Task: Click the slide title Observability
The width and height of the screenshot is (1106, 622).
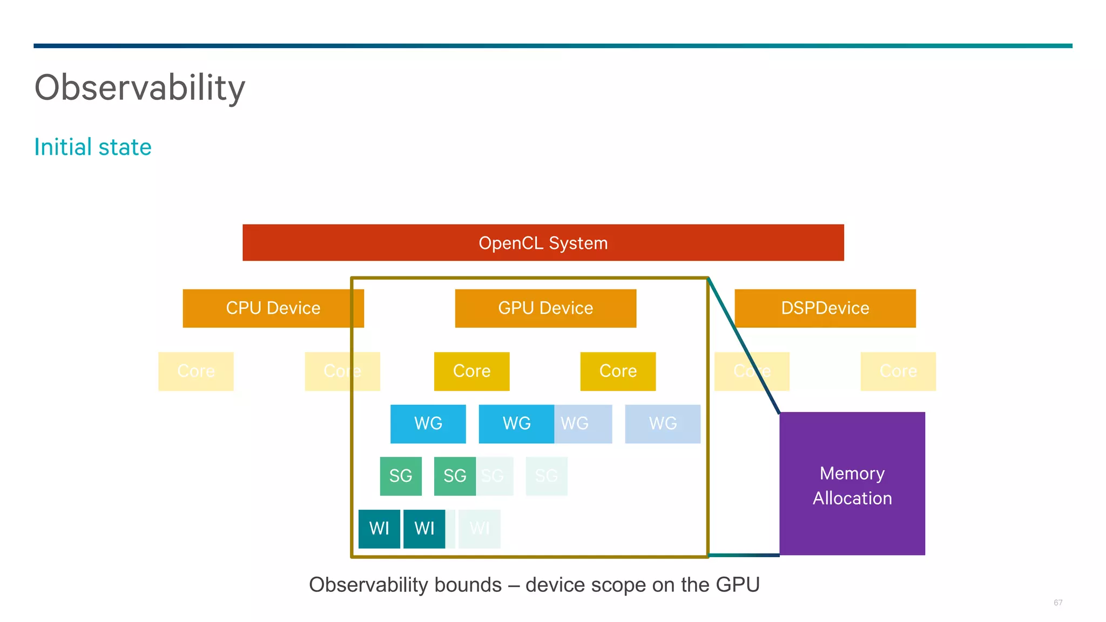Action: tap(140, 87)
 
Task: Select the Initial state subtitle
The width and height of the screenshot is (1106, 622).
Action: tap(93, 147)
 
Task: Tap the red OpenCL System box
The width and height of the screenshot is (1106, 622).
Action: tap(543, 243)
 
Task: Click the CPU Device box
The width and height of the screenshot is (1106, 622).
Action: tap(273, 308)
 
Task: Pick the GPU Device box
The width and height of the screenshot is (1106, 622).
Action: tap(545, 308)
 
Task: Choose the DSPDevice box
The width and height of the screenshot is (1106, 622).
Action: tap(825, 308)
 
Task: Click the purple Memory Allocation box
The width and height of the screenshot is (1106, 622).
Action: tap(852, 484)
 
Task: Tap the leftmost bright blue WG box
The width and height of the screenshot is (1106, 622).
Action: tap(428, 424)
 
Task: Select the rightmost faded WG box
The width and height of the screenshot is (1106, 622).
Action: tap(663, 424)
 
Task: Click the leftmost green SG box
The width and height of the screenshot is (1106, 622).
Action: tap(400, 476)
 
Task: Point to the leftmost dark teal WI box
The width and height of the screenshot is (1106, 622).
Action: tap(379, 529)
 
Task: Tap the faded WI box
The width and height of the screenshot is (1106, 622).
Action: tap(480, 529)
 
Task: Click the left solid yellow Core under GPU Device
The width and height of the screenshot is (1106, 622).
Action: tap(471, 371)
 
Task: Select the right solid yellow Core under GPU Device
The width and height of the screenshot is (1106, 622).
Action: tap(618, 371)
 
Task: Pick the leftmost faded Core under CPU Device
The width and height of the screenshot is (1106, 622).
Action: tap(195, 371)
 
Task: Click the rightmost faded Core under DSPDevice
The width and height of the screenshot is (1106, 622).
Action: tap(898, 371)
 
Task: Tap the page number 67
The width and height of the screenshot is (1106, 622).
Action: tap(1057, 603)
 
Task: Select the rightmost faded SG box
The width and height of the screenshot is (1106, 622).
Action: tap(547, 476)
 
